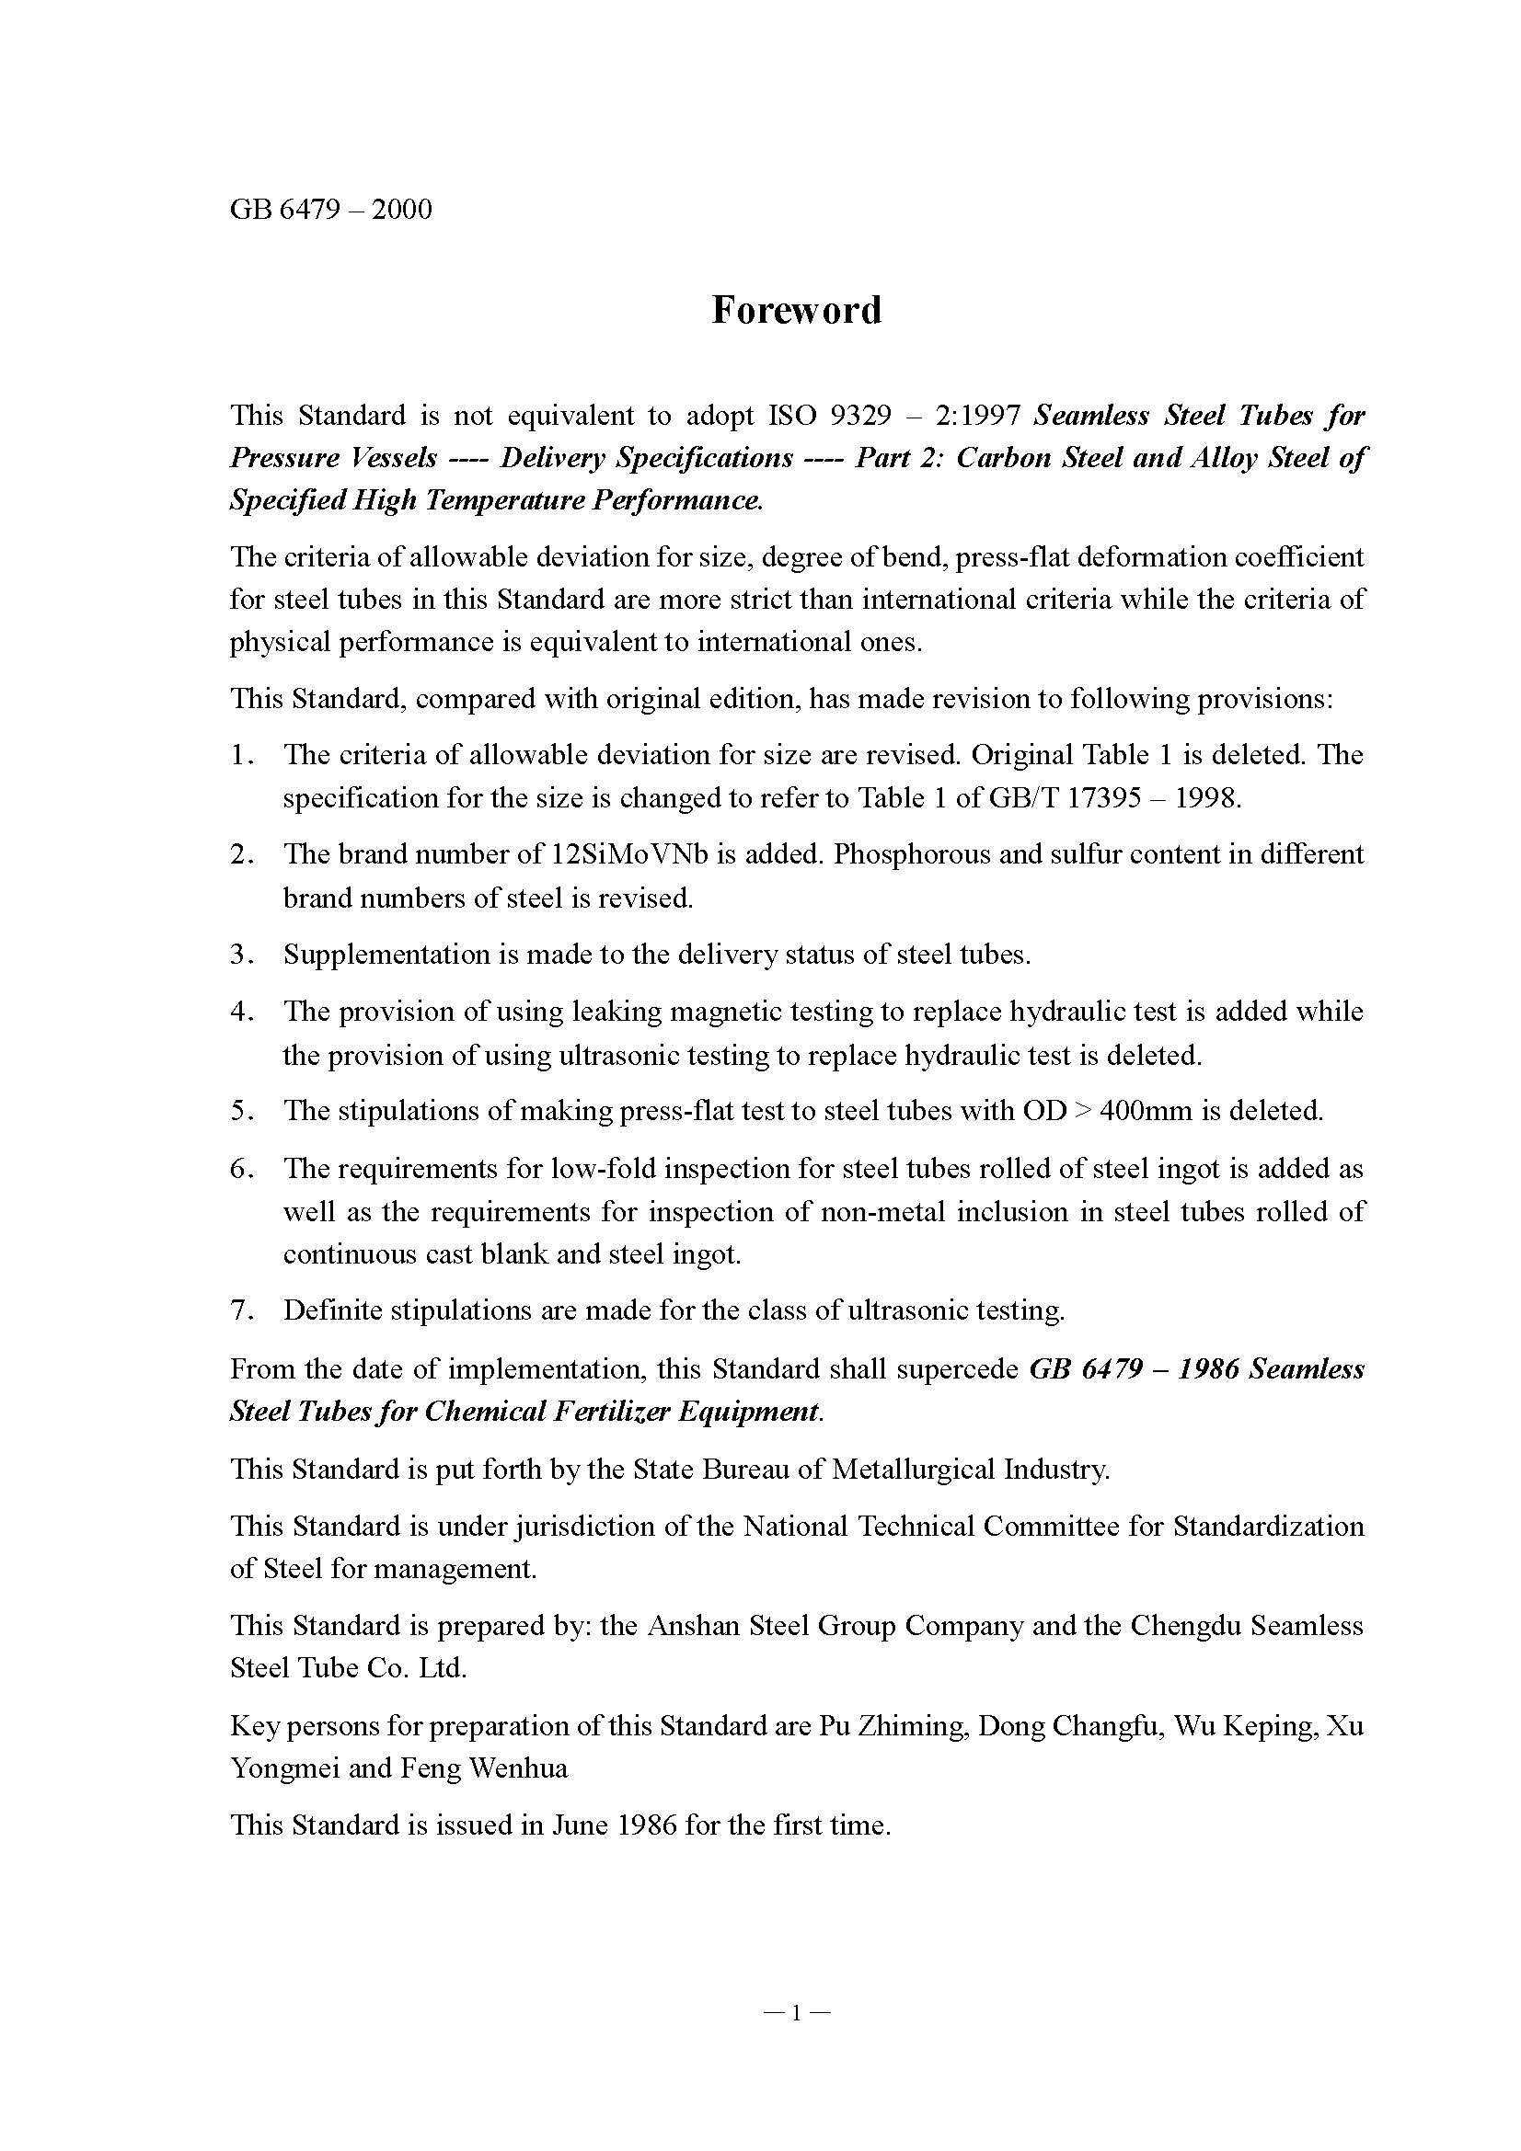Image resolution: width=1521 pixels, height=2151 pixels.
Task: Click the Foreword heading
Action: click(x=796, y=310)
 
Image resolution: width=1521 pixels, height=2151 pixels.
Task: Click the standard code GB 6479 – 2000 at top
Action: click(x=331, y=208)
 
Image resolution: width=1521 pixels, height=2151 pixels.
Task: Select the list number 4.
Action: click(x=241, y=1012)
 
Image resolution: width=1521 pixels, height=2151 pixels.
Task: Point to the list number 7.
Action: click(x=241, y=1310)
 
